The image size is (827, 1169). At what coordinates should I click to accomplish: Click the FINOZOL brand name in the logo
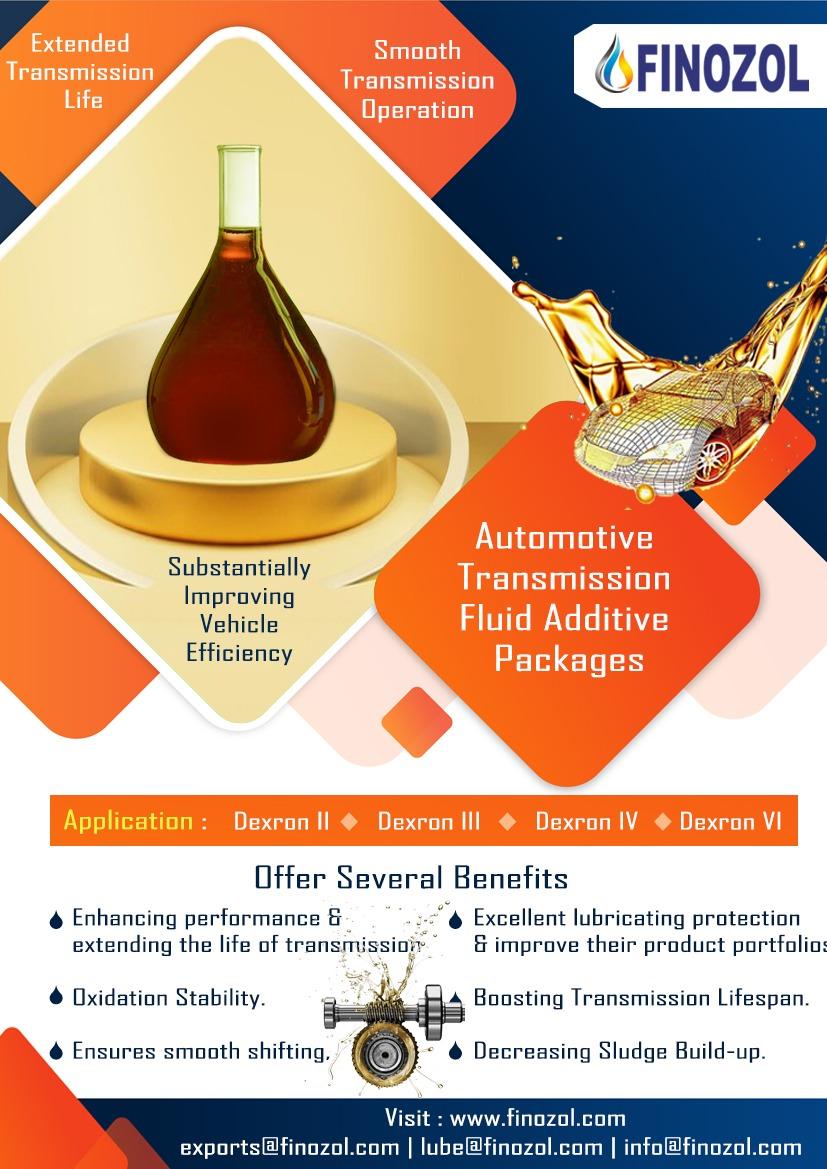[722, 67]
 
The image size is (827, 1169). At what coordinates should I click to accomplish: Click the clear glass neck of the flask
[239, 186]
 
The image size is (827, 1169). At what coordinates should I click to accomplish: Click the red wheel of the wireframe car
[713, 459]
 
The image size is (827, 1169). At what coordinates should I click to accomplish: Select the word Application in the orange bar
[128, 821]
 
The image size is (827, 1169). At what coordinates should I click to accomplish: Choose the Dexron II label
[281, 822]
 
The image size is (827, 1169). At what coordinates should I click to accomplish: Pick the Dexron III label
[429, 822]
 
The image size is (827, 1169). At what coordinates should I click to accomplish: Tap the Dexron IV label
[586, 822]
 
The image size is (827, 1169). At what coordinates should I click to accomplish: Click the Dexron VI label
[730, 822]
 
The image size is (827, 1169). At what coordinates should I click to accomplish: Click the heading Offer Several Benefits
[411, 877]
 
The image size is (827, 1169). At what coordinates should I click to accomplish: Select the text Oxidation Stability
[169, 998]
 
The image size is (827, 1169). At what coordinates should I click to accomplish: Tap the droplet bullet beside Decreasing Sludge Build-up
[456, 1051]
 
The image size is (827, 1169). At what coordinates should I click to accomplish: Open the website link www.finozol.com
[538, 1118]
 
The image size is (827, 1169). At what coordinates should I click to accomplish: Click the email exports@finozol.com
[289, 1147]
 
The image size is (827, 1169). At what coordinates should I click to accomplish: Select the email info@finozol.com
[712, 1147]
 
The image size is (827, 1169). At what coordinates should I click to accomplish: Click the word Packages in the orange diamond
[569, 660]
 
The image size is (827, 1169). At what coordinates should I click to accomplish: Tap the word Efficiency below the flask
[239, 653]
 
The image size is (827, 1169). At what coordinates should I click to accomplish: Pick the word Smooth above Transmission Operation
[417, 51]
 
